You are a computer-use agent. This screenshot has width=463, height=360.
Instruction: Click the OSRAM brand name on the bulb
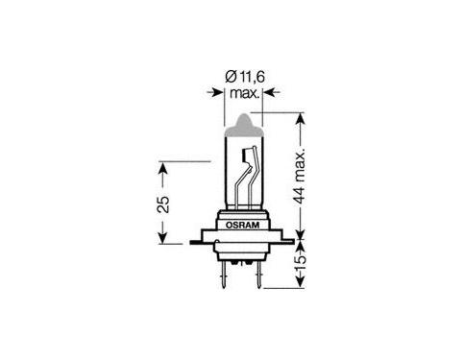[x=242, y=225]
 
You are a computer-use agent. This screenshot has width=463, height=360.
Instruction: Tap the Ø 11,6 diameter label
[x=245, y=77]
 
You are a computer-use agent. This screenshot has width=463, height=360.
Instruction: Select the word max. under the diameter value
[x=244, y=93]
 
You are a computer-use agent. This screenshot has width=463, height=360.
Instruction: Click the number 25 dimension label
[x=163, y=204]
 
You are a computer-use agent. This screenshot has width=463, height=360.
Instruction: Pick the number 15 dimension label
[x=300, y=263]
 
